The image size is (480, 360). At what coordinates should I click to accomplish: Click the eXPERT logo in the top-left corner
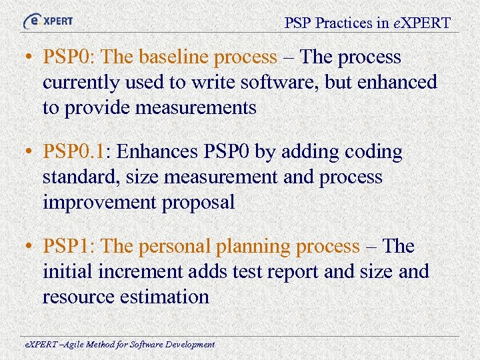pos(48,21)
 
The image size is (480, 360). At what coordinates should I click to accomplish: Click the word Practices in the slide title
pos(345,23)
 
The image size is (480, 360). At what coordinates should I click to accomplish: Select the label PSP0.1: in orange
pos(79,153)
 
